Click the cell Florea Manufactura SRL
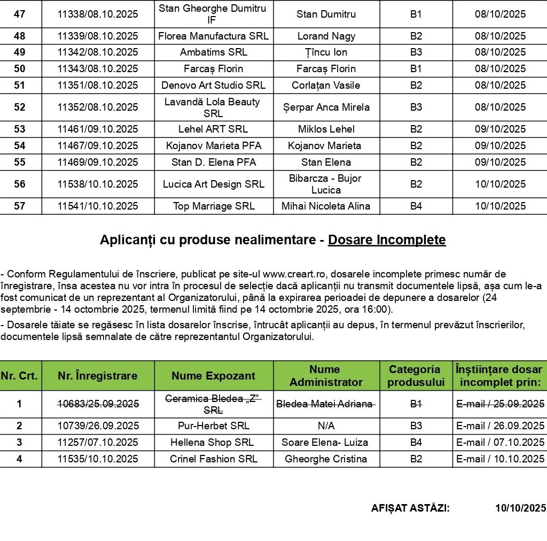coord(214,36)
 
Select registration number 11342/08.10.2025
coord(98,52)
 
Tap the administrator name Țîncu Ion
coord(326,52)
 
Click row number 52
coord(20,107)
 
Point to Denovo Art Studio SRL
coord(214,86)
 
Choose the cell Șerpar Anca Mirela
coord(326,107)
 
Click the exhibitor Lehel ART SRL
coord(214,129)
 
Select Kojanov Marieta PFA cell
coord(214,146)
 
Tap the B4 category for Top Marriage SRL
coord(416,206)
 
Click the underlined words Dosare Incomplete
coord(387,241)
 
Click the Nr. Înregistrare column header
coord(98,376)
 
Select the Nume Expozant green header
coord(214,376)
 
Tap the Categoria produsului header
coord(416,376)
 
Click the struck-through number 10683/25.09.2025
coord(98,404)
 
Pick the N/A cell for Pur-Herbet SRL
coord(326,426)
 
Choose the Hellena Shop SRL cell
coord(214,443)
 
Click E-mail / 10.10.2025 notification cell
coord(500,459)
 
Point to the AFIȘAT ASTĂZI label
coord(410,508)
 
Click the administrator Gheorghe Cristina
coord(326,459)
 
